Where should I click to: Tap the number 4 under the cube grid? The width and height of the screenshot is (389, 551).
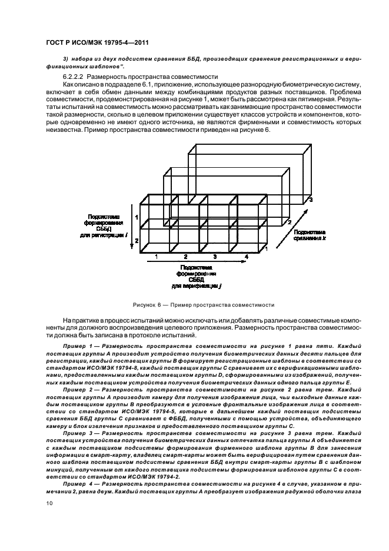pos(247,257)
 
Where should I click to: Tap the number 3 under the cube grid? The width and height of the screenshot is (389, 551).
pos(215,257)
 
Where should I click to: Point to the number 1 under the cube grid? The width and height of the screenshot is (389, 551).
pos(156,257)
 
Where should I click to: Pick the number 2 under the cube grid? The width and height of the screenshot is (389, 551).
pos(185,257)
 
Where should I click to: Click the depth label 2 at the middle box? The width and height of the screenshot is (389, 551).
pos(288,223)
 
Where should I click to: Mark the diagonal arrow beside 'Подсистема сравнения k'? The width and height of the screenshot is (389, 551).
pos(290,234)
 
